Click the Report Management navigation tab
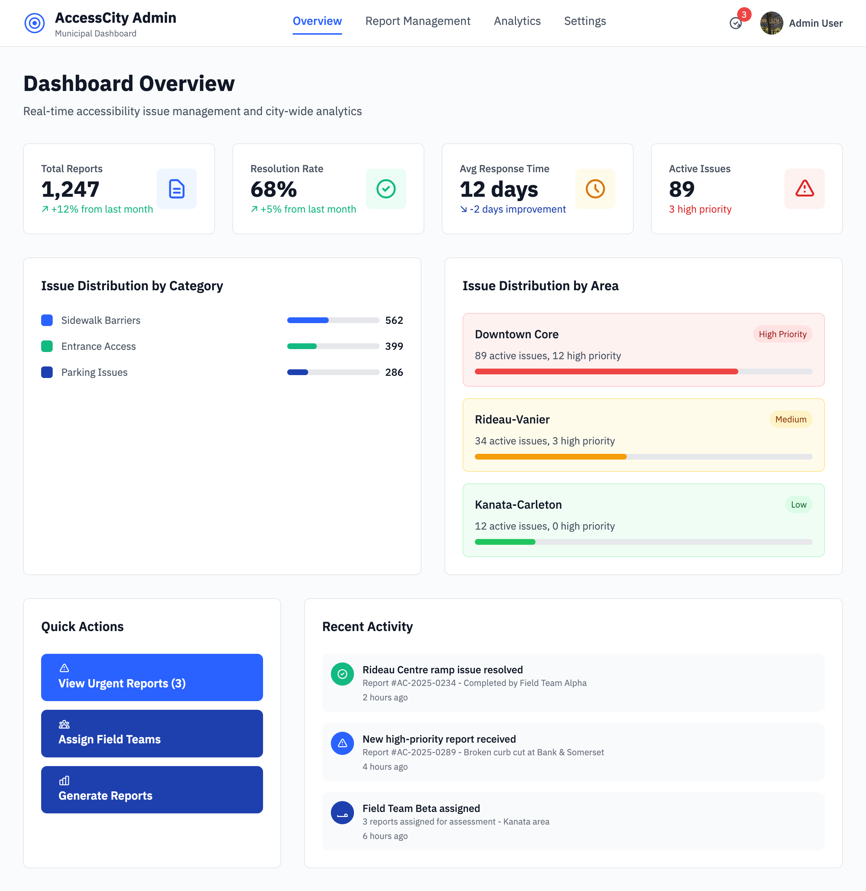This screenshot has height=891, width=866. click(x=417, y=21)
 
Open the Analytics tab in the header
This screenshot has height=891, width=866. click(x=517, y=21)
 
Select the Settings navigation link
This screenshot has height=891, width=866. click(x=585, y=21)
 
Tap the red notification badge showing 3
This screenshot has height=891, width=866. click(x=744, y=14)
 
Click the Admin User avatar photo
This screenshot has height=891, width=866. click(x=771, y=23)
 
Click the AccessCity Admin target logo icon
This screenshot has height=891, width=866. click(x=35, y=23)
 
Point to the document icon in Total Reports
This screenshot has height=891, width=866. click(x=176, y=189)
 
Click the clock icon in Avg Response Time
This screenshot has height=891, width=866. click(x=595, y=189)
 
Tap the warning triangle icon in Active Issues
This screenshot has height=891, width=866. click(x=804, y=189)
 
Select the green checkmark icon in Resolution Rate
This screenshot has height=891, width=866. click(x=386, y=189)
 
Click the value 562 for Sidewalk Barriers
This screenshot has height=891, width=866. click(x=394, y=320)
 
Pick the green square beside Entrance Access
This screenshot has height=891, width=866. click(x=47, y=346)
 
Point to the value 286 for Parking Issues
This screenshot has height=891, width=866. click(x=394, y=372)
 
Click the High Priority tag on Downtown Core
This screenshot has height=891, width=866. click(x=782, y=334)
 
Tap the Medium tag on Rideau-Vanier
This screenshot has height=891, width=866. click(x=791, y=419)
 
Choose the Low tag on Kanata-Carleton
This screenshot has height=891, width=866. click(x=798, y=505)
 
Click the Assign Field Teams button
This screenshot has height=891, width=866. click(x=152, y=733)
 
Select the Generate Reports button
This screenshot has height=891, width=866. click(x=152, y=790)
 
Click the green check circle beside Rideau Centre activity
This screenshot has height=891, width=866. click(x=342, y=674)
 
